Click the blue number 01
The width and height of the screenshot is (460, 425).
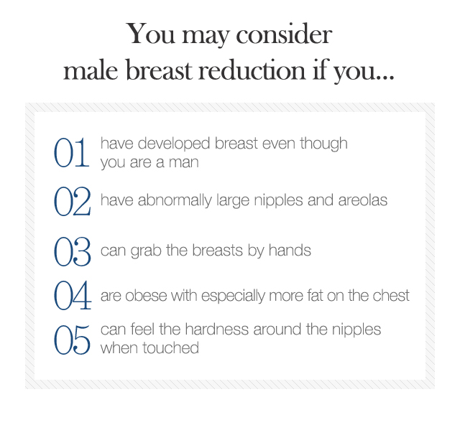tap(71, 153)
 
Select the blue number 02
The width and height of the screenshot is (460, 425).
tap(72, 202)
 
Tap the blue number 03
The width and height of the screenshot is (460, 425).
tap(72, 252)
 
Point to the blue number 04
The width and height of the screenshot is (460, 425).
tap(73, 295)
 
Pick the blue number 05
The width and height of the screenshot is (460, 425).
tap(72, 340)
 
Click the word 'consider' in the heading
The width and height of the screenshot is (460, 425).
tap(284, 34)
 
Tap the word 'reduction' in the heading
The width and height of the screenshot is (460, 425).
tap(252, 70)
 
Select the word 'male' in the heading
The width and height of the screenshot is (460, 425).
tap(91, 70)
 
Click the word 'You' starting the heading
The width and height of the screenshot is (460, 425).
tap(151, 34)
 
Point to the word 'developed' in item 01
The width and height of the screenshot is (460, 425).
tap(174, 144)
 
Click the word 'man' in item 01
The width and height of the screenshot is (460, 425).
tap(184, 162)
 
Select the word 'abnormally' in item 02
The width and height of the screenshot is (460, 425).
tap(175, 201)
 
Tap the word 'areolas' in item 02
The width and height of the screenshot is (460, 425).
tap(363, 200)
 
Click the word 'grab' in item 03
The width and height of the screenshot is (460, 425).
tap(146, 251)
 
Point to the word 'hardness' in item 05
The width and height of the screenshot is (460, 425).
tap(217, 329)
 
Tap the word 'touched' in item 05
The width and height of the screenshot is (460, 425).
tap(171, 348)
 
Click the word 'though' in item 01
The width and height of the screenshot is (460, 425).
tap(323, 144)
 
